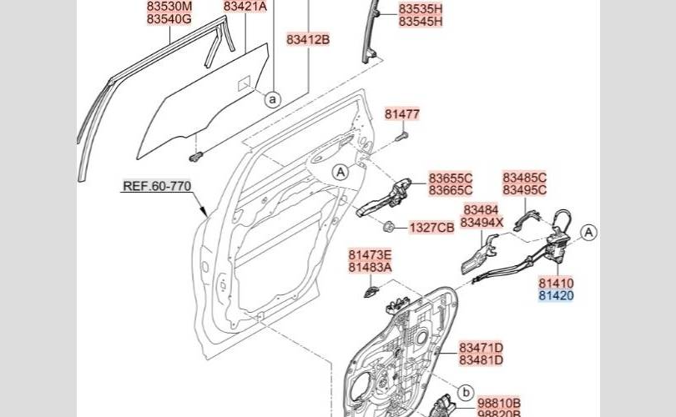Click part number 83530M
(169, 7)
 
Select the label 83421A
(245, 7)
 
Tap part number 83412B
(309, 39)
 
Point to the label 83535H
(421, 9)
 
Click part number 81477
(402, 114)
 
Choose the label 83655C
(451, 178)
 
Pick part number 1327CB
(431, 228)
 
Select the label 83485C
(524, 178)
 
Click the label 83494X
(482, 223)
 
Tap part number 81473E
(371, 254)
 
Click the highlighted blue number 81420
(556, 296)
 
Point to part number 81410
(556, 284)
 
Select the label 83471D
(482, 347)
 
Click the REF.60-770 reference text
(158, 186)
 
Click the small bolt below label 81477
(402, 134)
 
